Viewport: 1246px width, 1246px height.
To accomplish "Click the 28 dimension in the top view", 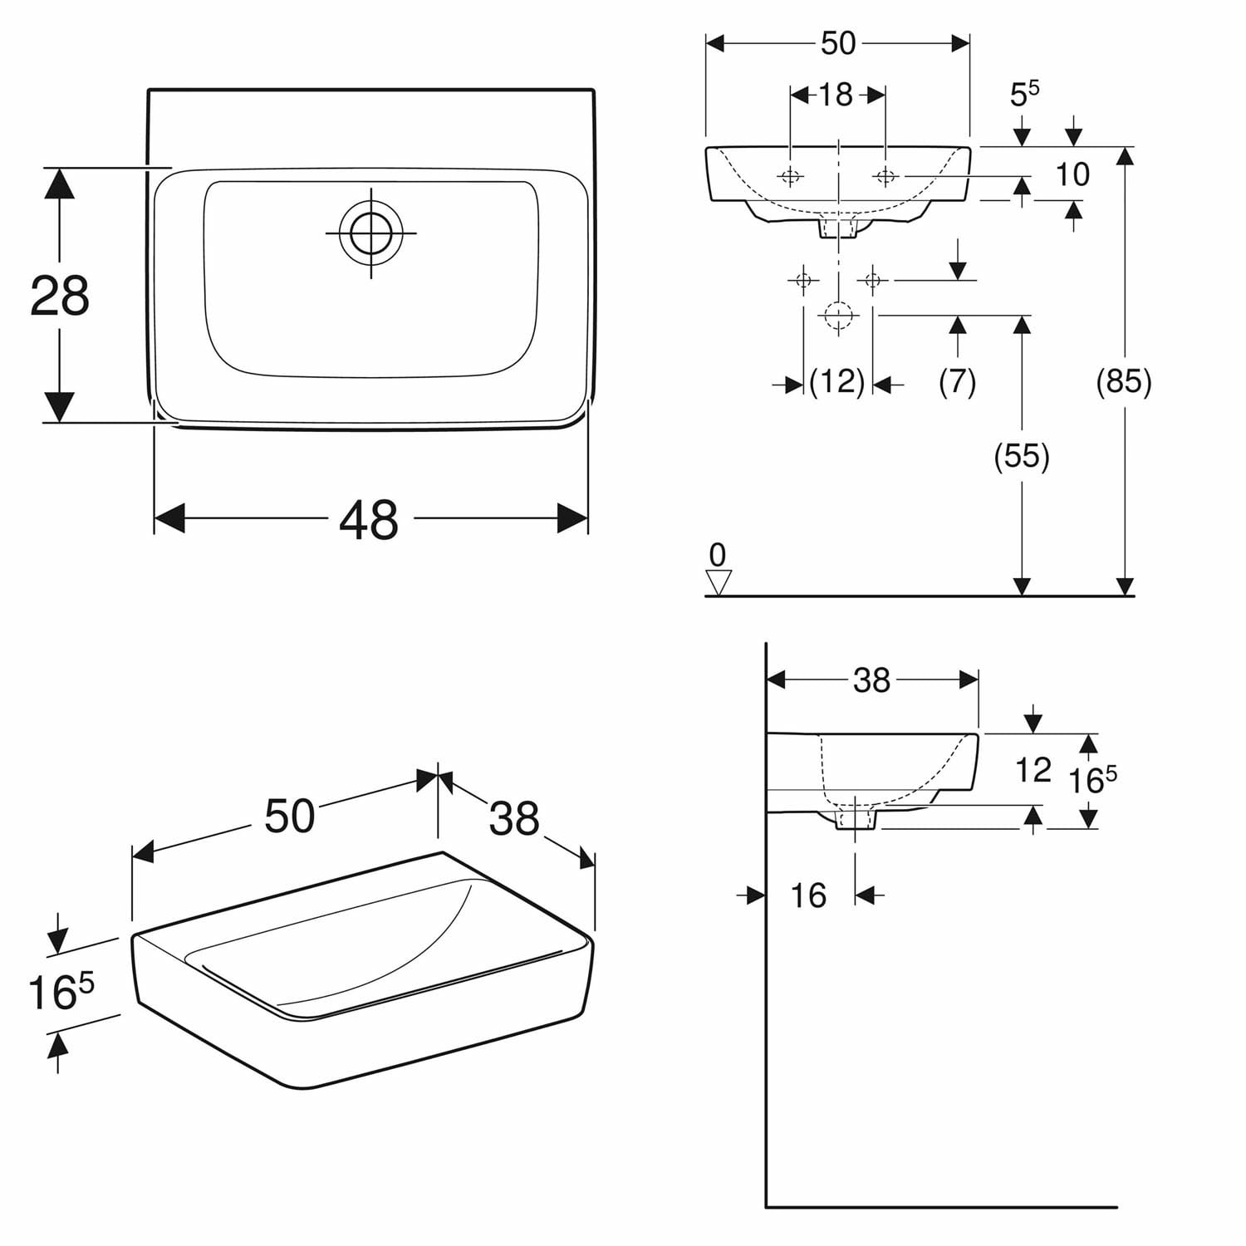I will click(60, 296).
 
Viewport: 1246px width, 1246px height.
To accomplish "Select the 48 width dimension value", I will click(369, 521).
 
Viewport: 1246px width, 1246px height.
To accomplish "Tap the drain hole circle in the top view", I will click(370, 233).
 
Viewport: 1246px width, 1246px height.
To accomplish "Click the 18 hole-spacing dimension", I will click(836, 95).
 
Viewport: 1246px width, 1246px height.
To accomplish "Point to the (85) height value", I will click(1124, 381).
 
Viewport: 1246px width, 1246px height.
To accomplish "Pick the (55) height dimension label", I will click(1022, 456).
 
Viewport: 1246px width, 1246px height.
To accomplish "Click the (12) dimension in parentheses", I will click(837, 382).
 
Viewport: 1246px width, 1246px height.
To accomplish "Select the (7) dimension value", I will click(957, 381).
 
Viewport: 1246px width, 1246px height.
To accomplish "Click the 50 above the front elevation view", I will click(837, 43).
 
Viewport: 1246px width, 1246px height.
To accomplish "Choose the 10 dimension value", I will click(1072, 174).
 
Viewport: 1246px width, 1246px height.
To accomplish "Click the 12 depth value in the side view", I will click(1033, 770).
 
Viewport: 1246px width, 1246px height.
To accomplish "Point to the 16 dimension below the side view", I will click(808, 895).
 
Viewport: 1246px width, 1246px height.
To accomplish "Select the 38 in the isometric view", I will click(514, 818).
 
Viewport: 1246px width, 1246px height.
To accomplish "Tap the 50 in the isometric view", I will click(290, 816).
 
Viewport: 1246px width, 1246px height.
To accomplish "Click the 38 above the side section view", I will click(871, 680).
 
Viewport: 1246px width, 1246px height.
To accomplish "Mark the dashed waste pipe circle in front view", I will click(838, 315).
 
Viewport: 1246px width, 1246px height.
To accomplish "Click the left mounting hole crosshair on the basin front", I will click(790, 176).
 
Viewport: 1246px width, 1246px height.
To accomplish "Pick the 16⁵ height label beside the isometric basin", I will click(61, 992).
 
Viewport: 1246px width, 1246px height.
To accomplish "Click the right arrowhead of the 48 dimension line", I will click(572, 519).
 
